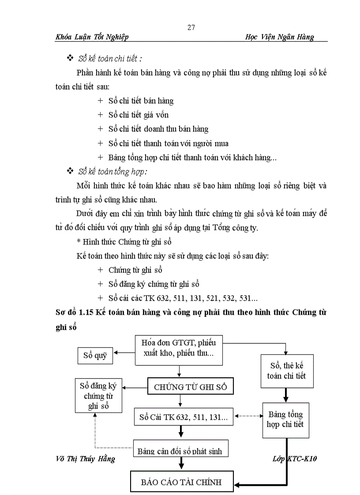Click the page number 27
[191, 28]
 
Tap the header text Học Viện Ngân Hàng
[279, 37]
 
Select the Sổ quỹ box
[95, 355]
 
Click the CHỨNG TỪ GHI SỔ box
[190, 387]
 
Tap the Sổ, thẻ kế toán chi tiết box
[287, 371]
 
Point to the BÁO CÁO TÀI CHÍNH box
[181, 482]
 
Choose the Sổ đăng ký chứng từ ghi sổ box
[98, 396]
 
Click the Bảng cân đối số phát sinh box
[181, 449]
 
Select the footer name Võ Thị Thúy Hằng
[85, 459]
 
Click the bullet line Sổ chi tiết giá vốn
[139, 115]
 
